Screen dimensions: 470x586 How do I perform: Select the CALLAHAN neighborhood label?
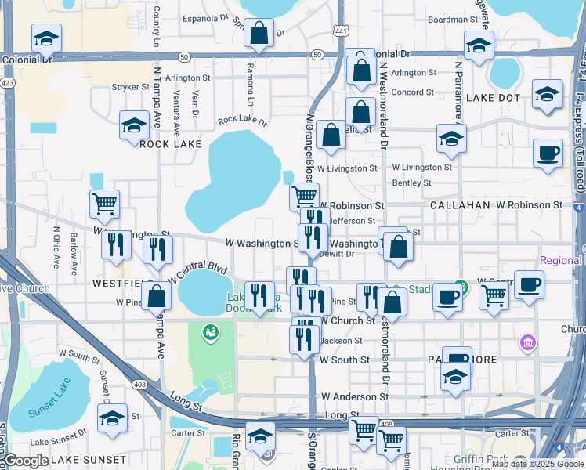[x=461, y=204]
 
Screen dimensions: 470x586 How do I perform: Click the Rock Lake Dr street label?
[x=242, y=121]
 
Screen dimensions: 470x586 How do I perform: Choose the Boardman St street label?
[x=453, y=19]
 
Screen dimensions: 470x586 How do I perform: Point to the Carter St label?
[x=188, y=432]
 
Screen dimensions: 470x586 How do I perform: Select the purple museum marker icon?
[x=527, y=342]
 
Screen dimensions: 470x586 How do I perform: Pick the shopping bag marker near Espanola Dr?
[x=258, y=34]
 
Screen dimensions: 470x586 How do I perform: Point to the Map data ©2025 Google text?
[x=537, y=464]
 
